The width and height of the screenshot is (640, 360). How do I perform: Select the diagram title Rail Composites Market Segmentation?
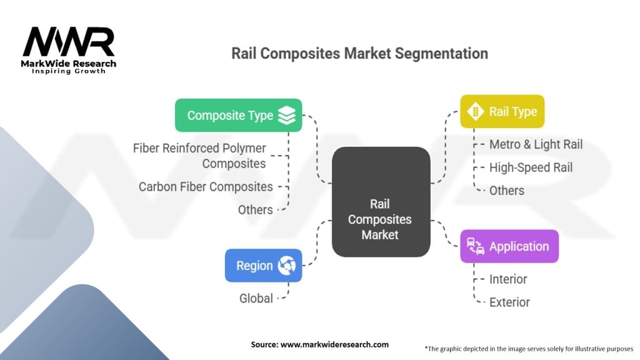(359, 53)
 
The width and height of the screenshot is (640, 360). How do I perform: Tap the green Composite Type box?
(238, 115)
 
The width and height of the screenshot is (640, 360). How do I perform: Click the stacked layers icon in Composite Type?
(286, 115)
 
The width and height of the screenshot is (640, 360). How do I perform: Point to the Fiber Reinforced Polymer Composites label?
(199, 156)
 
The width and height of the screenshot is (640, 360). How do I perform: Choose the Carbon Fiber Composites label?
(206, 187)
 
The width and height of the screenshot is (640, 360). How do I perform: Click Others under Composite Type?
(255, 210)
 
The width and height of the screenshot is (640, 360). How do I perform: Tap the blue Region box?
(263, 266)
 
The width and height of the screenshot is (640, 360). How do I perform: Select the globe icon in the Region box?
(287, 266)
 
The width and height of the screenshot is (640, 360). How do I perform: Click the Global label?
(256, 299)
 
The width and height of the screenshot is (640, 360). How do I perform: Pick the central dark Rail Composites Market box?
(381, 202)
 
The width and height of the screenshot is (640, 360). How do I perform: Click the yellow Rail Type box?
(502, 111)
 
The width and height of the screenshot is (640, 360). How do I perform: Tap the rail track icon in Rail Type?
(476, 111)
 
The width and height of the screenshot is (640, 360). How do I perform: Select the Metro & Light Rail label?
(536, 144)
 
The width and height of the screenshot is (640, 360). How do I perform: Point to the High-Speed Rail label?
(531, 167)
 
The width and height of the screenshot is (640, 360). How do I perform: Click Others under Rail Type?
(506, 191)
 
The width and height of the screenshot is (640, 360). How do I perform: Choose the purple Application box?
(509, 246)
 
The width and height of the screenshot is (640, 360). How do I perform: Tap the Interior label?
(507, 279)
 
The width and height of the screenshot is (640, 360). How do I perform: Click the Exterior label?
(509, 302)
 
